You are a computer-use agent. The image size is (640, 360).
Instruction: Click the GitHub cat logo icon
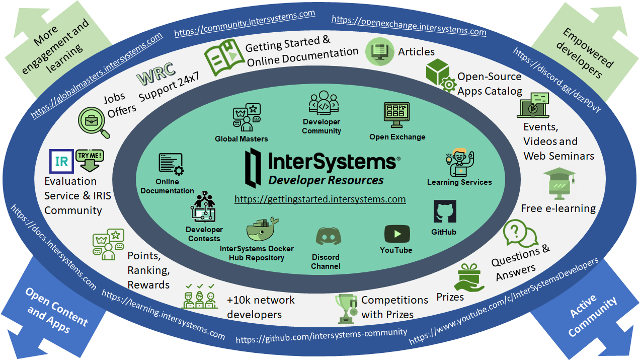(x=445, y=211)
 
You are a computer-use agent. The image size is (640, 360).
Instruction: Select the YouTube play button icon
(x=397, y=234)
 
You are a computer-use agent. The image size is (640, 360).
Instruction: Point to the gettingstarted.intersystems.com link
(x=320, y=199)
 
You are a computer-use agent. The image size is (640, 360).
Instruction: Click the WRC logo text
(x=156, y=75)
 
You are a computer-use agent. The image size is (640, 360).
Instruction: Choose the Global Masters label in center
(x=241, y=139)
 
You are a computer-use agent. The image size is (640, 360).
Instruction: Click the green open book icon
(x=222, y=59)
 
